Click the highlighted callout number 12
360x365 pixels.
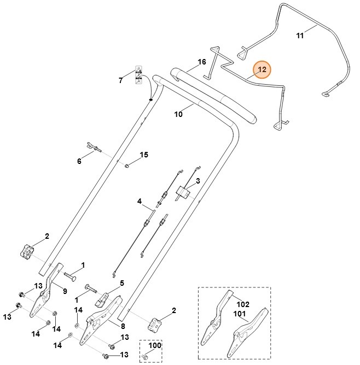click(262, 69)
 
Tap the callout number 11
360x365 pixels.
click(299, 36)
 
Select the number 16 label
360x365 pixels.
click(202, 62)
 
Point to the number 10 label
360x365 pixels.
click(178, 114)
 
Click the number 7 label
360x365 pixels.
click(121, 80)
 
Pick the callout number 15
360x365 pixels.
click(144, 155)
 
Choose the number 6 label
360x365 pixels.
click(79, 161)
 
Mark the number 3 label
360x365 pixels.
click(198, 180)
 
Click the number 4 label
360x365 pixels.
click(140, 202)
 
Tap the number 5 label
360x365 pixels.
click(121, 283)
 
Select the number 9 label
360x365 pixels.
click(65, 291)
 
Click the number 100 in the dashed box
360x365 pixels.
click(155, 346)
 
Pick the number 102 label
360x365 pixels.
click(242, 304)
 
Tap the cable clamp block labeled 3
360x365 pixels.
click(182, 192)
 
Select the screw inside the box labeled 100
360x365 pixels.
click(146, 356)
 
